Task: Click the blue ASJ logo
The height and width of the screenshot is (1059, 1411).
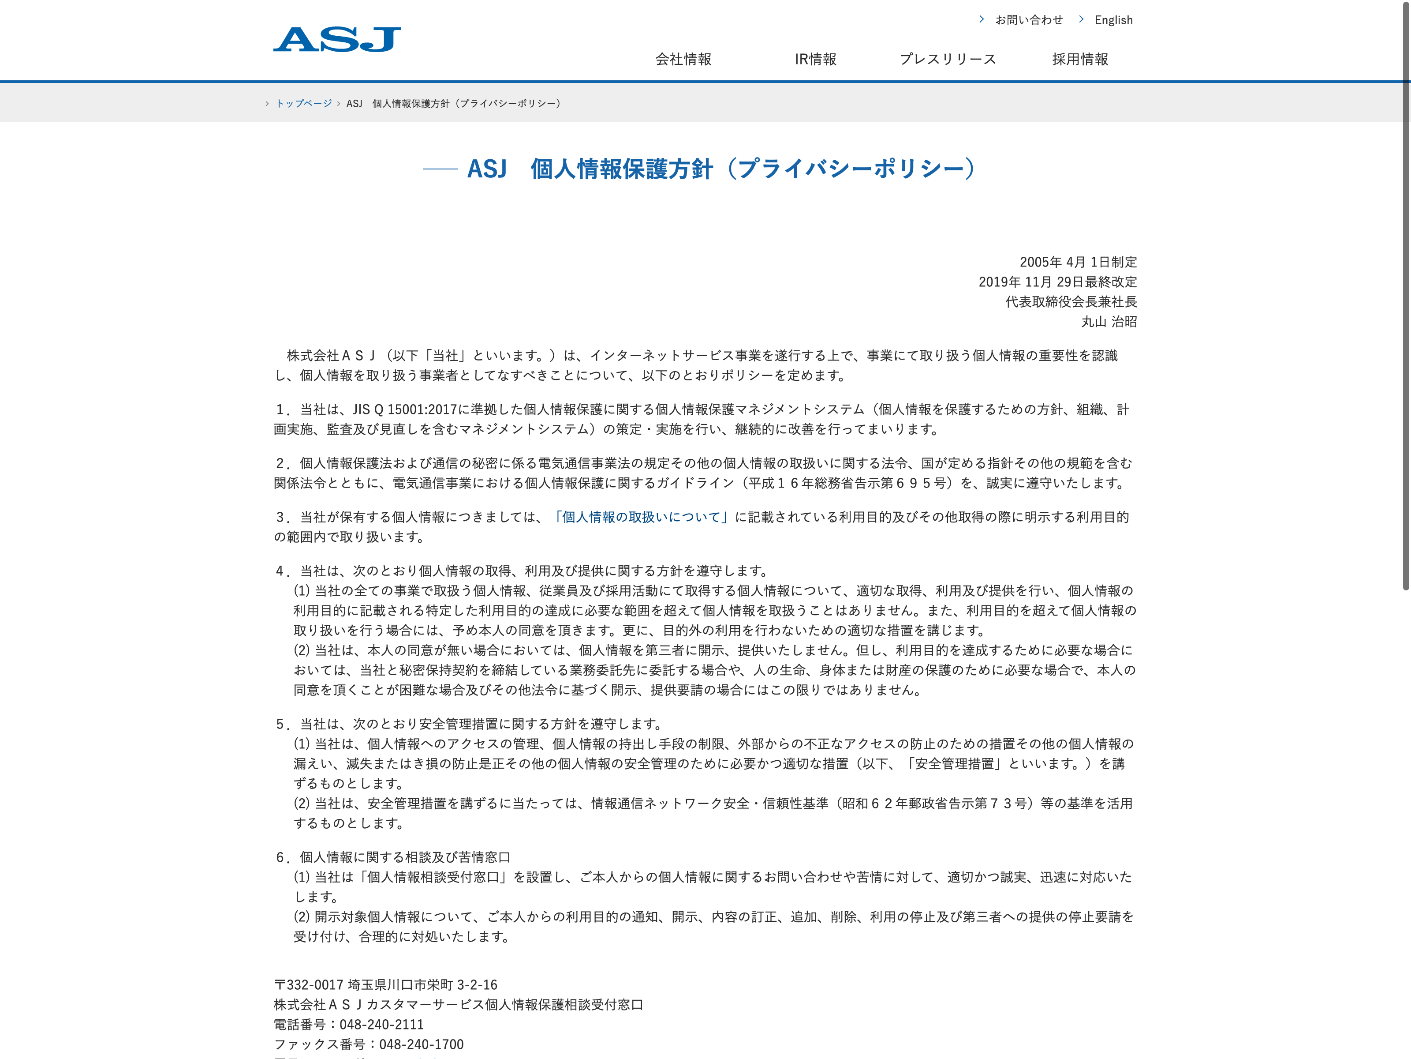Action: pos(337,40)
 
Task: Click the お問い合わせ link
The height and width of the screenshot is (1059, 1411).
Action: pos(1028,20)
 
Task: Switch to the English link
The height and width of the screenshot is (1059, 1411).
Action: pos(1113,20)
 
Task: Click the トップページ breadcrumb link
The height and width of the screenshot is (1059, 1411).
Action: pos(304,103)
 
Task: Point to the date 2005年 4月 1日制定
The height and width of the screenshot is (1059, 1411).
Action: pos(1078,262)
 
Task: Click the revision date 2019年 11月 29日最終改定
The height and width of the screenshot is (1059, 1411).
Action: pos(1058,282)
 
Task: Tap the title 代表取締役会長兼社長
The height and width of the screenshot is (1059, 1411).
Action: pos(1071,301)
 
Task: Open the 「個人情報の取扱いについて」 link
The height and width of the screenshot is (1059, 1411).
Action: pos(640,517)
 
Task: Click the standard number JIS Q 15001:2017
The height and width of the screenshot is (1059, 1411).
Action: pos(405,409)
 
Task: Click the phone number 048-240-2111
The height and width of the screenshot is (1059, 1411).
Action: pos(381,1025)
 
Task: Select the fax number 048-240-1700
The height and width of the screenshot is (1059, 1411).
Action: pos(421,1044)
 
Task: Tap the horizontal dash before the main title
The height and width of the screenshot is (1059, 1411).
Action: pos(440,169)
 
